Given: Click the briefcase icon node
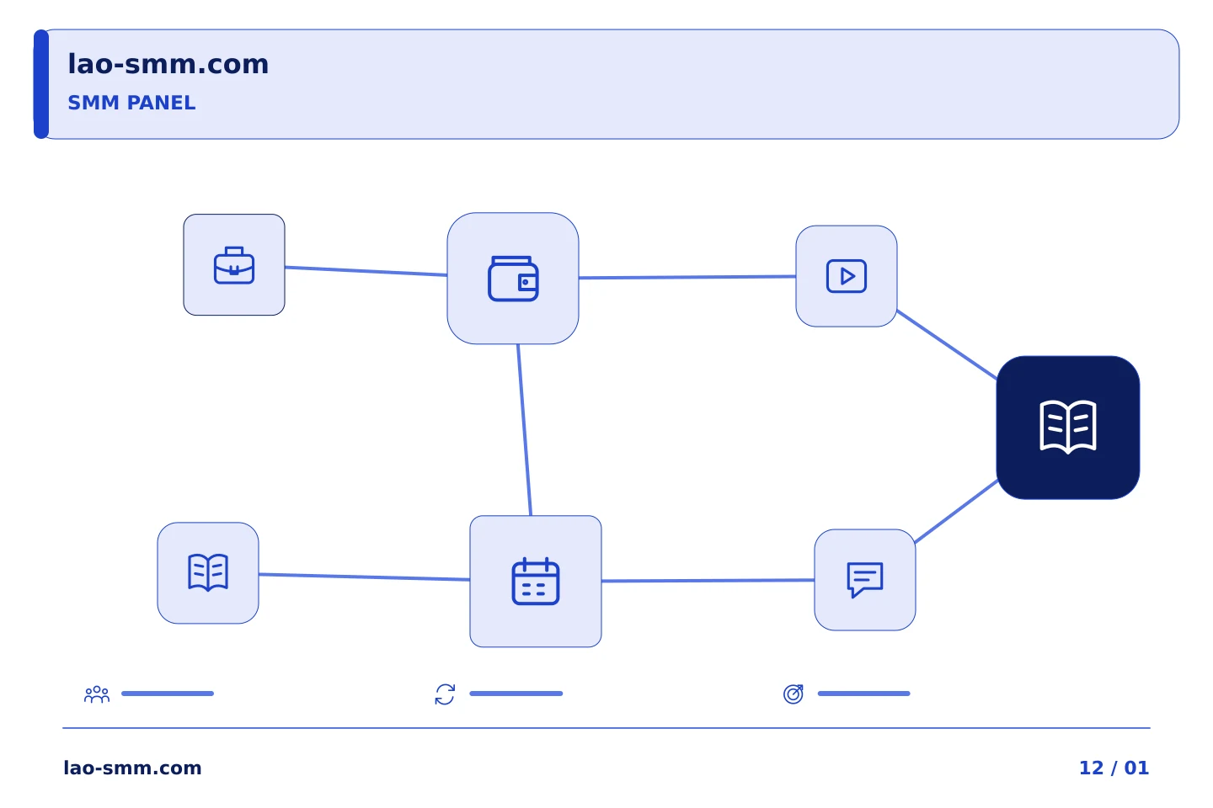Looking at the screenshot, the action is pyautogui.click(x=234, y=264).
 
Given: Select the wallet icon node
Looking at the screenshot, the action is pyautogui.click(x=513, y=279).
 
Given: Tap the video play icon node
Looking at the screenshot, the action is pyautogui.click(x=847, y=276).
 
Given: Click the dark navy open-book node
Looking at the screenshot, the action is pyautogui.click(x=1068, y=428).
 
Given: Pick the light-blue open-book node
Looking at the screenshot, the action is pyautogui.click(x=208, y=572).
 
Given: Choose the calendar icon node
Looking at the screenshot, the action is pyautogui.click(x=536, y=582).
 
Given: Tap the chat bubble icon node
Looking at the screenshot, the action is pyautogui.click(x=865, y=580).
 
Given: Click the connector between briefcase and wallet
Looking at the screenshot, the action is pyautogui.click(x=366, y=271).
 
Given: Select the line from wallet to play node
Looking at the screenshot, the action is pyautogui.click(x=687, y=277).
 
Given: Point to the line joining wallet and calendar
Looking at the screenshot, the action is pyautogui.click(x=524, y=430).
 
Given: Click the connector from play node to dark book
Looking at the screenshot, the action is pyautogui.click(x=947, y=344).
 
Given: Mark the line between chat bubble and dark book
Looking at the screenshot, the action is pyautogui.click(x=956, y=511).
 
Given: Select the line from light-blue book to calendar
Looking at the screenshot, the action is pyautogui.click(x=365, y=577).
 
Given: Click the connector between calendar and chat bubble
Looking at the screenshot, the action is pyautogui.click(x=708, y=581).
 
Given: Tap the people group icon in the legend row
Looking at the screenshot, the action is pyautogui.click(x=97, y=694).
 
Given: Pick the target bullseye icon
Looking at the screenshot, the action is pyautogui.click(x=794, y=694).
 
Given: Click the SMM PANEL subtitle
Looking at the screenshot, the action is pyautogui.click(x=131, y=103).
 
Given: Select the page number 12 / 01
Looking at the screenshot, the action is pyautogui.click(x=1114, y=768).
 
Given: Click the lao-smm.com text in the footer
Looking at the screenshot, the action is pyautogui.click(x=132, y=768).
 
